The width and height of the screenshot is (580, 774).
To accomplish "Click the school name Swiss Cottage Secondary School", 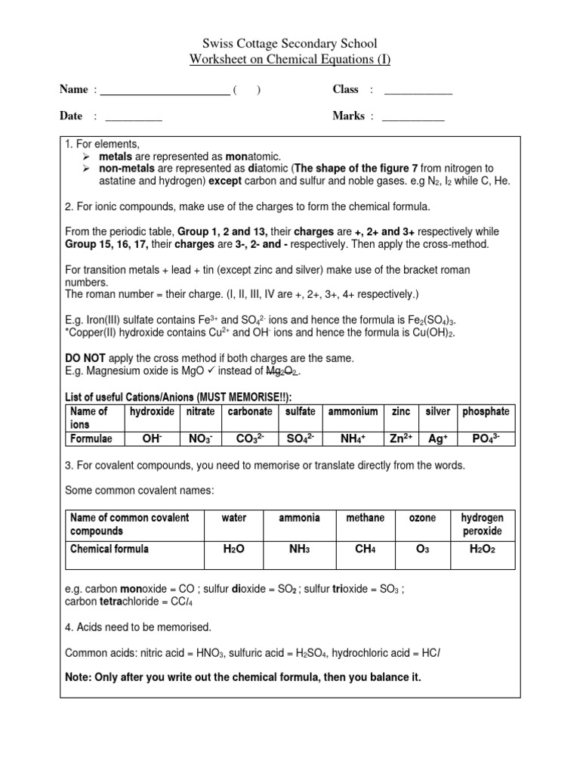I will pyautogui.click(x=290, y=44).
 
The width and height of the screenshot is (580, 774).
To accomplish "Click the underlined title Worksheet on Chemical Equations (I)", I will pyautogui.click(x=290, y=60).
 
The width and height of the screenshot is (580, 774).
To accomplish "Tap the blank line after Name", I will pyautogui.click(x=165, y=91).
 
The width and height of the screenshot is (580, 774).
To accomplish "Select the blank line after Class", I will pyautogui.click(x=418, y=91).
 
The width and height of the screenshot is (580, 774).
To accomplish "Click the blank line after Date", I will pyautogui.click(x=134, y=117).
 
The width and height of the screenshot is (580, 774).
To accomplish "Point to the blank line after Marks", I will pyautogui.click(x=413, y=117).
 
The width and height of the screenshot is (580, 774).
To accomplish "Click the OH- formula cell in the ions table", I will pyautogui.click(x=153, y=438).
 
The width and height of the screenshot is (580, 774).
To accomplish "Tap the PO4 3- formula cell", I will pyautogui.click(x=486, y=438).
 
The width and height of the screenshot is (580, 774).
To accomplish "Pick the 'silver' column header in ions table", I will pyautogui.click(x=438, y=411).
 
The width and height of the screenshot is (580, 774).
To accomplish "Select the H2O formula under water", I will pyautogui.click(x=233, y=550).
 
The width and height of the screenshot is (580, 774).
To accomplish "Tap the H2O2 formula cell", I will pyautogui.click(x=482, y=550).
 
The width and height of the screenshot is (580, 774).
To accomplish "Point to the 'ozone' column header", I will pyautogui.click(x=422, y=518).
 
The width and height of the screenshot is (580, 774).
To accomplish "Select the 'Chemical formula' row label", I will pyautogui.click(x=110, y=549).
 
